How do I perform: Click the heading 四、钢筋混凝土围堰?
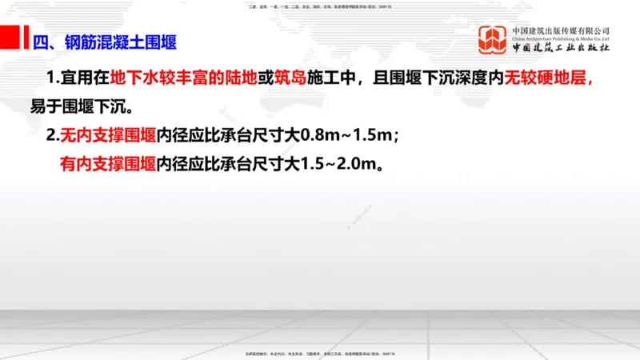click(x=104, y=42)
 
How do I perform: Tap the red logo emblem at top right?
click(x=493, y=41)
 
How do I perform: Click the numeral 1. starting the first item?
click(x=54, y=79)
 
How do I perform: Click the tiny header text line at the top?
click(x=320, y=6)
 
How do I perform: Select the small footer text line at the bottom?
click(x=320, y=353)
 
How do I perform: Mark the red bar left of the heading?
click(x=13, y=38)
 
